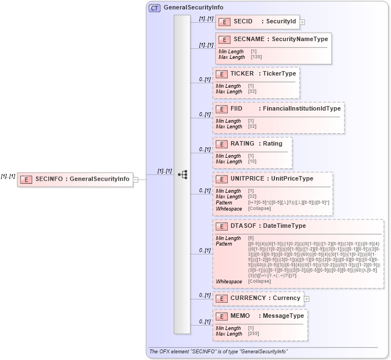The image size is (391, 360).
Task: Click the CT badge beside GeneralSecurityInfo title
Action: pyautogui.click(x=154, y=8)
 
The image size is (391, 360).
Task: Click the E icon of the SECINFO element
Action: pyautogui.click(x=26, y=179)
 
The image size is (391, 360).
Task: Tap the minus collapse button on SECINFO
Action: pyautogui.click(x=136, y=179)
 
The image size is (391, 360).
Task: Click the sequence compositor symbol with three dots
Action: pyautogui.click(x=182, y=174)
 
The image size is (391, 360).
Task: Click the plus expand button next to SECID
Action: pyautogui.click(x=303, y=23)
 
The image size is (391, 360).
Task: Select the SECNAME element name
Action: pyautogui.click(x=247, y=39)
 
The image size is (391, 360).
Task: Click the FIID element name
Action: pyautogui.click(x=237, y=108)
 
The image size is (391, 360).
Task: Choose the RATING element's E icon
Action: pyautogui.click(x=222, y=144)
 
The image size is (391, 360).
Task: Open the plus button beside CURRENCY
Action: pyautogui.click(x=307, y=298)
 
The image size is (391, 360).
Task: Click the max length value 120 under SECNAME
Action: pyautogui.click(x=255, y=57)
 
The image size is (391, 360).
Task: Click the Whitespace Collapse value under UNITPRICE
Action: pyautogui.click(x=259, y=208)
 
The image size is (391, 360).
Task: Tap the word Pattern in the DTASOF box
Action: pyautogui.click(x=224, y=244)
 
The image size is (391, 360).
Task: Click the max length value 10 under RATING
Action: pyautogui.click(x=252, y=162)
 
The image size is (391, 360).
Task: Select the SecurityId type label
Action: pyautogui.click(x=281, y=21)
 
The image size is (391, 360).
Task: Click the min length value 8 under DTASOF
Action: pyautogui.click(x=250, y=238)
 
